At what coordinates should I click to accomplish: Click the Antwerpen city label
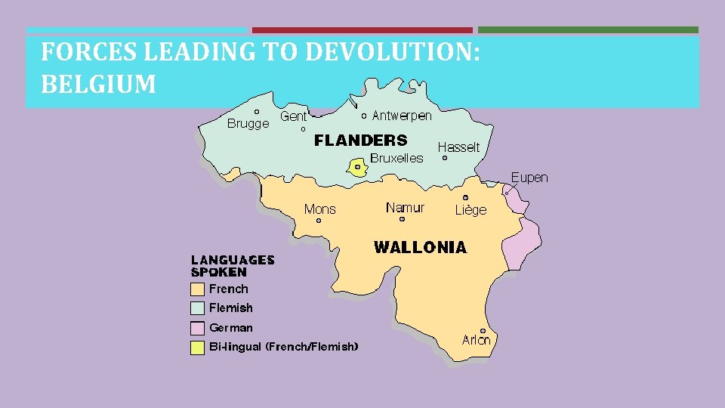tap(402, 116)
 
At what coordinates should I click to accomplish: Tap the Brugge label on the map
tap(248, 124)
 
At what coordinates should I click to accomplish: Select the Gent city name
tap(294, 116)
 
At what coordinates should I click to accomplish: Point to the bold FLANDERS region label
tap(360, 140)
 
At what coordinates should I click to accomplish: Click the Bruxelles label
tap(396, 158)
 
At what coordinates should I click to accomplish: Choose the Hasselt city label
tap(458, 147)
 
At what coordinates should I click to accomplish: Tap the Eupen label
tap(529, 178)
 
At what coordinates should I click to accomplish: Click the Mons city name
tap(319, 209)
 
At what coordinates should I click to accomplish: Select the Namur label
tap(405, 207)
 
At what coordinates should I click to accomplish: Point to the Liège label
tap(470, 210)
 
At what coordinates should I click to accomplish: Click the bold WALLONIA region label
tap(421, 247)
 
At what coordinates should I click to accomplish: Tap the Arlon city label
tap(476, 340)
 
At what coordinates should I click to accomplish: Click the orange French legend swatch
tap(197, 289)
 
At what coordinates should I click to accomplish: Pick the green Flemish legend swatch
tap(197, 308)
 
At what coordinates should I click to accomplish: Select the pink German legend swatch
tap(197, 328)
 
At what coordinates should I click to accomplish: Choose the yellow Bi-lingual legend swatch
tap(197, 348)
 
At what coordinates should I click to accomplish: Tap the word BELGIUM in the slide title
tap(98, 84)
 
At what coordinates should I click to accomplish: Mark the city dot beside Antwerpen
tap(364, 116)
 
